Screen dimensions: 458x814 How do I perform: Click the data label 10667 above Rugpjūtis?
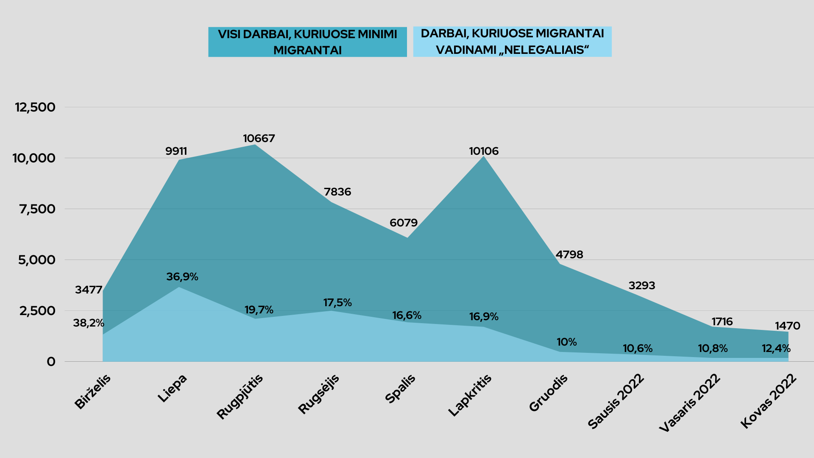point(259,139)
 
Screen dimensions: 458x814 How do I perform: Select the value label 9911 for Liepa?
point(176,151)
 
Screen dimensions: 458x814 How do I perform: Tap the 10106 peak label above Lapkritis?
point(484,151)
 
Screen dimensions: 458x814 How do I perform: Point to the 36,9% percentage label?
point(182,277)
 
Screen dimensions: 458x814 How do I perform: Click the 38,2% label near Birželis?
point(88,323)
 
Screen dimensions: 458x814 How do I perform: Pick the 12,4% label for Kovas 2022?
point(776,349)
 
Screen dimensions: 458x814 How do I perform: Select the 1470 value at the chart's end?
point(787,326)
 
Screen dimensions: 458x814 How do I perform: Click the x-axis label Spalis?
point(400,389)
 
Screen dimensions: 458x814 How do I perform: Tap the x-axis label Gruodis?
point(548,393)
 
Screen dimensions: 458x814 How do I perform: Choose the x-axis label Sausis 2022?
point(616,401)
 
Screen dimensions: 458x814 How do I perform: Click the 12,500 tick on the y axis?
point(35,107)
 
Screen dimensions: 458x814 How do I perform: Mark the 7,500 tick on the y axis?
point(37,209)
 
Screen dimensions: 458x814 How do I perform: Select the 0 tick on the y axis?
point(51,362)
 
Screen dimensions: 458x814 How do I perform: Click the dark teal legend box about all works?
point(307,42)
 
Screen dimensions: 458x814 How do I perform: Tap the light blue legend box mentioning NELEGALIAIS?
point(512,42)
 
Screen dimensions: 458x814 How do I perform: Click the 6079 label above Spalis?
point(403,223)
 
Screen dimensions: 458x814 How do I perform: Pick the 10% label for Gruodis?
point(566,342)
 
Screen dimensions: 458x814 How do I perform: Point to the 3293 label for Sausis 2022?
point(641,286)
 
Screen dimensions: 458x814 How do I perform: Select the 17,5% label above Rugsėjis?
point(337,303)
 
